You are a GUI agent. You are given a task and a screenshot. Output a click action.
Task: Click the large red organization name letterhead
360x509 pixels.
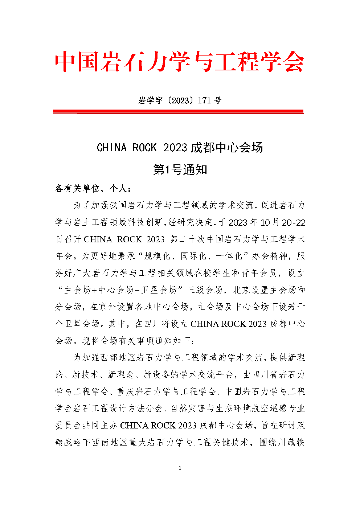180,62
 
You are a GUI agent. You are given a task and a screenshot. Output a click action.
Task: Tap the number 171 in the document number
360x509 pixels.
204,100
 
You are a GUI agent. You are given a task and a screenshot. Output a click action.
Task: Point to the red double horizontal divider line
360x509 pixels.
178,111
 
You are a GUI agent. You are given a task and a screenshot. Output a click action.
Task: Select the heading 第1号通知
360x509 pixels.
180,169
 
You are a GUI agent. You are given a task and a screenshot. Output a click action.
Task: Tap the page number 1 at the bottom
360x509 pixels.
180,468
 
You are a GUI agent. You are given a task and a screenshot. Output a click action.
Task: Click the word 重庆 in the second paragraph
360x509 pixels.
126,391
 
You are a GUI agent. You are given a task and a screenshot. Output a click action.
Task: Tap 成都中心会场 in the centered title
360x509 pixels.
227,148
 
